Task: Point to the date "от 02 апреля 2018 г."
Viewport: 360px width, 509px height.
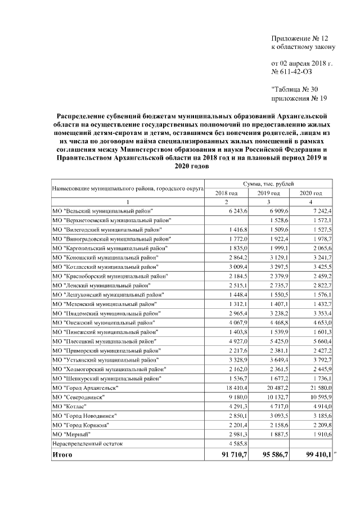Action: tap(301, 63)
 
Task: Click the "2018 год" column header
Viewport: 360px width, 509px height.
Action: tap(227, 193)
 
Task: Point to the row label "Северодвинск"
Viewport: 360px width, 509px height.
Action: tap(81, 397)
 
